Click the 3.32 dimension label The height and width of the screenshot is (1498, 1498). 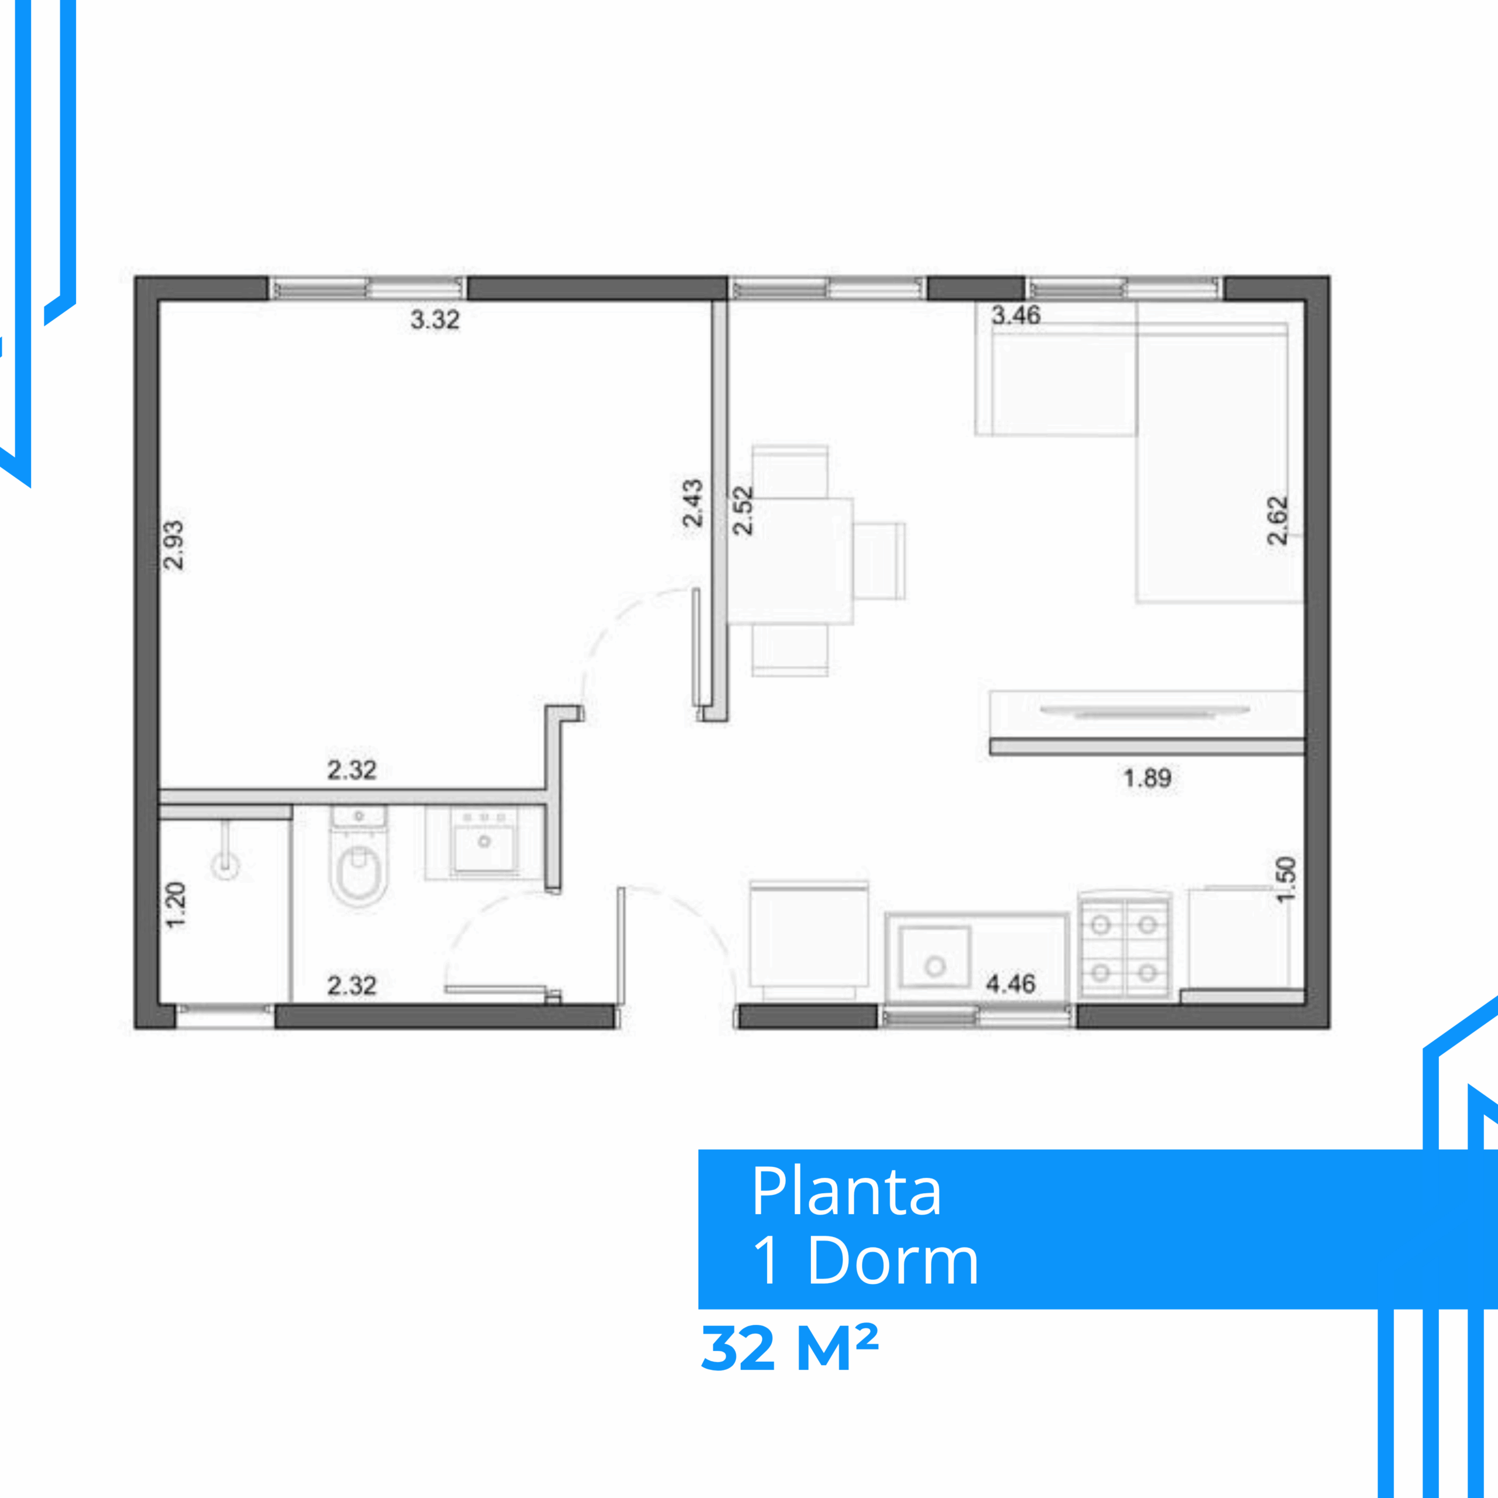click(435, 319)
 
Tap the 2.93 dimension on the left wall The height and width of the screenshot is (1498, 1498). click(174, 545)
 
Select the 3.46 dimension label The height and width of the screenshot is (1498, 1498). click(1016, 315)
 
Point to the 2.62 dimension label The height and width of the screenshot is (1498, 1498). click(1277, 521)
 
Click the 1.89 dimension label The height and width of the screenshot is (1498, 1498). click(1147, 778)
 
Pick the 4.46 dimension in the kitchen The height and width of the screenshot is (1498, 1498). click(1011, 984)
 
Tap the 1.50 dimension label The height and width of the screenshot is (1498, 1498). click(1286, 879)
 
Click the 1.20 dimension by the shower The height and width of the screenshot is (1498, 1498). click(176, 904)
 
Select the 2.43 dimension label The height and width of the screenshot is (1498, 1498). click(692, 503)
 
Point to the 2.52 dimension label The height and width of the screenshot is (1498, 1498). click(743, 510)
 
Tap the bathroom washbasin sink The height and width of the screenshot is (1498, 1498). click(485, 844)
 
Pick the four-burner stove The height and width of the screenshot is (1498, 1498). click(1124, 947)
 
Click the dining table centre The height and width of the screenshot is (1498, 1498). click(792, 561)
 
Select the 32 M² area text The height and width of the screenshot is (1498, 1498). click(789, 1348)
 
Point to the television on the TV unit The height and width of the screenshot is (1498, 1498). click(1145, 711)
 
